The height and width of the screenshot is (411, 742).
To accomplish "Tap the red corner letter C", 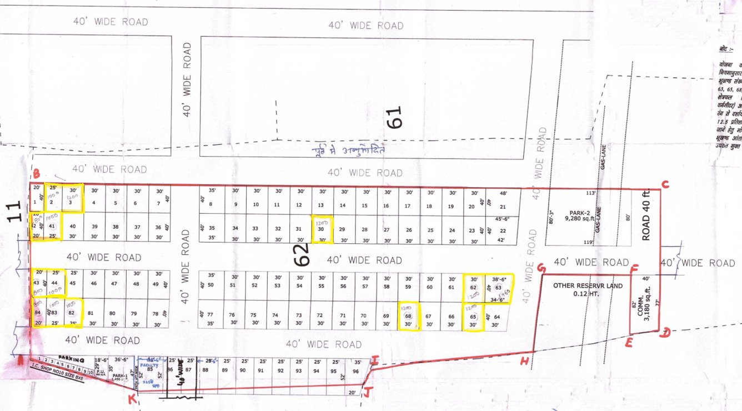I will (665, 185).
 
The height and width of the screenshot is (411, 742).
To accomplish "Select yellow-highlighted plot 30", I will (321, 229).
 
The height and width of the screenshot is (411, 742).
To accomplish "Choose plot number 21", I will (503, 207).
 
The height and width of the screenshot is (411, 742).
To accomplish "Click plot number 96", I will (355, 371).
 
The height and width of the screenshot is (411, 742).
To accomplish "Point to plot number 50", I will (210, 285).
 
